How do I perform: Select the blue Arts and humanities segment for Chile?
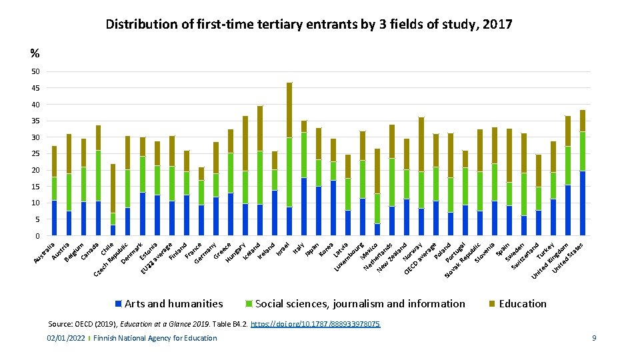(x=113, y=230)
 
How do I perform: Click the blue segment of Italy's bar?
(x=304, y=207)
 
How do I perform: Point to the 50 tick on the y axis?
(x=35, y=72)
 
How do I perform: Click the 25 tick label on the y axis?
(x=35, y=154)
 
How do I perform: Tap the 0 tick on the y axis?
(x=37, y=236)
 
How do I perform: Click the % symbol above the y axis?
(x=35, y=53)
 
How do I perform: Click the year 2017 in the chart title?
(x=496, y=25)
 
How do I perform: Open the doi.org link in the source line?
(x=319, y=324)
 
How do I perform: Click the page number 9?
(x=593, y=338)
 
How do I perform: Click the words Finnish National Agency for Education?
(x=155, y=338)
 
